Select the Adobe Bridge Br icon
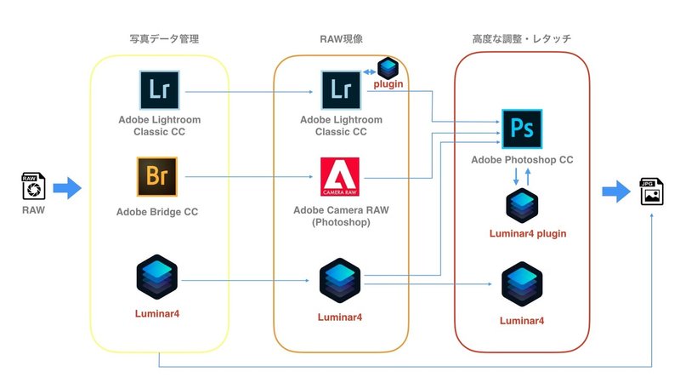coord(156,177)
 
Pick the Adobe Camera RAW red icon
coord(341,177)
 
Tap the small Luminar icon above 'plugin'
coord(388,68)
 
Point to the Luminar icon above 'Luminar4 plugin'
coord(522,207)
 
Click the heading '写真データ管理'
coord(158,38)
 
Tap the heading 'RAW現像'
coord(341,38)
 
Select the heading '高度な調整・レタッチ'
coord(520,38)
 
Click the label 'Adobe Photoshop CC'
coord(522,161)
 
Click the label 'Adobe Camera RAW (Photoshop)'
coord(341,215)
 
